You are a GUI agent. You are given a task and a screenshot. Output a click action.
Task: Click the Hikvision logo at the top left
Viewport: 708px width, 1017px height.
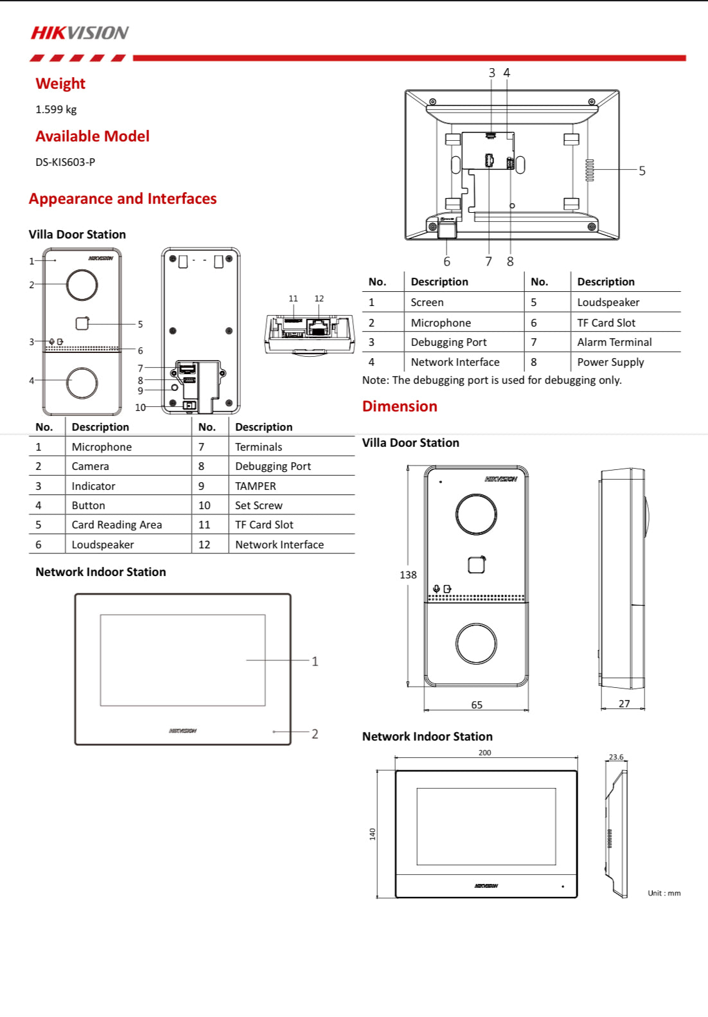click(x=80, y=33)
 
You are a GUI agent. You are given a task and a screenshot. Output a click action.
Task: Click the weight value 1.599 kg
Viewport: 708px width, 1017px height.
click(x=56, y=109)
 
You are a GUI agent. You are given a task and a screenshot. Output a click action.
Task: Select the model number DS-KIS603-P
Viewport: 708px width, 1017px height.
click(x=65, y=162)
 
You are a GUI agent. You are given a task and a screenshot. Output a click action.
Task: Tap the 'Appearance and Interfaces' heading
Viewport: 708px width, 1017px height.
click(x=123, y=199)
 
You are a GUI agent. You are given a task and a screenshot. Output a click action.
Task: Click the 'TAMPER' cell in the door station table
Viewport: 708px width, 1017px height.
click(x=256, y=486)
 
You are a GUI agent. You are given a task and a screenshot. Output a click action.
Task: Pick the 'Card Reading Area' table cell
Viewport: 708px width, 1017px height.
click(x=117, y=525)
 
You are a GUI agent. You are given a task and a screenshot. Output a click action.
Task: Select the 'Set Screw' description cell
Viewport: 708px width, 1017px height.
click(x=259, y=505)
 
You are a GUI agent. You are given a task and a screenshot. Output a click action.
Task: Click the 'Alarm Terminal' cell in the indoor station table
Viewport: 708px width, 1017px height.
click(x=614, y=342)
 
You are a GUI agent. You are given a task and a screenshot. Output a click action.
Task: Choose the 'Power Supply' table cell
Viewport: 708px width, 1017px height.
click(x=610, y=362)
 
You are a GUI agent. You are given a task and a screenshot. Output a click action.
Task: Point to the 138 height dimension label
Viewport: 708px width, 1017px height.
click(x=408, y=575)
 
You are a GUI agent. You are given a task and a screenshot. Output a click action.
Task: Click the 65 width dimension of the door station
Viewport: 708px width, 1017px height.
click(x=477, y=705)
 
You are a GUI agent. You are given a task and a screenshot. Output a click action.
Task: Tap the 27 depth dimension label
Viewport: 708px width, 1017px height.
click(x=624, y=703)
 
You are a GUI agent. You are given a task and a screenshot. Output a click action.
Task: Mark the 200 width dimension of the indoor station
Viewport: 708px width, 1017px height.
click(x=484, y=752)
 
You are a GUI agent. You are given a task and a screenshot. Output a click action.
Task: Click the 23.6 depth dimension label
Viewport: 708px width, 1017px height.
click(x=616, y=757)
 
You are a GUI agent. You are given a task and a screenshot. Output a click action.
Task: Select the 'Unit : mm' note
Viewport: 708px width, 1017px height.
click(x=664, y=893)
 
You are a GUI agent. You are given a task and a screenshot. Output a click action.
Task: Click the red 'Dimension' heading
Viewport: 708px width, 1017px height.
click(x=400, y=406)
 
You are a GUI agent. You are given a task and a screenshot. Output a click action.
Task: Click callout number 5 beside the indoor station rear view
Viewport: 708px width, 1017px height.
click(x=642, y=171)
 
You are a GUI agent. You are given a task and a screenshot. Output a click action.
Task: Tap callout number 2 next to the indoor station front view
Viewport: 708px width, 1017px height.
click(x=315, y=733)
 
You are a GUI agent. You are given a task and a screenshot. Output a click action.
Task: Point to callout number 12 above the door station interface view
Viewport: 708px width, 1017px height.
click(x=319, y=298)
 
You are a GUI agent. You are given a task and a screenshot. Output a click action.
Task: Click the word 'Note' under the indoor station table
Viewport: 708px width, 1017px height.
click(x=375, y=380)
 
